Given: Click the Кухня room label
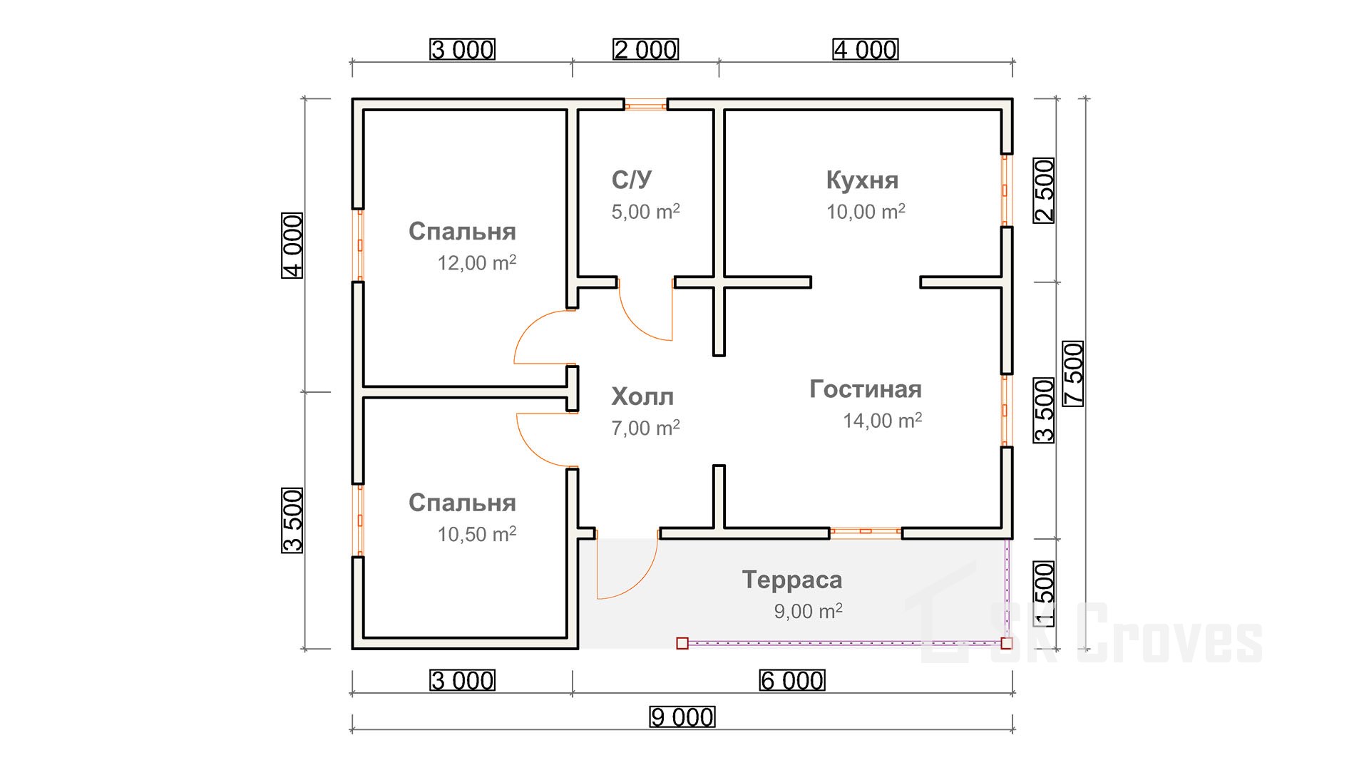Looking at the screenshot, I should click(862, 180).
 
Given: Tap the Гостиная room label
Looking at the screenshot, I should click(865, 389).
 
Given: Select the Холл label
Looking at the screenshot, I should click(642, 396).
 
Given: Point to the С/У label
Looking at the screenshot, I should click(632, 180).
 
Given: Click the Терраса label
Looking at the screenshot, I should click(791, 580).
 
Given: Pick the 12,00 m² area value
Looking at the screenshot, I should click(476, 263).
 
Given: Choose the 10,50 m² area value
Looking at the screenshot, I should click(476, 534).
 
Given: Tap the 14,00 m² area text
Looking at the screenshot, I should click(882, 421).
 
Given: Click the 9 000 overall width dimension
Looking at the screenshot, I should click(682, 717).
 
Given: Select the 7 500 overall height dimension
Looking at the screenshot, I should click(1073, 374).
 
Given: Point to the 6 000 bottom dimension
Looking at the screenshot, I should click(792, 681).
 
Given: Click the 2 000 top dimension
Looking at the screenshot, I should click(646, 50).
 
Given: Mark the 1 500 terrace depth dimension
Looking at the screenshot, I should click(1044, 594).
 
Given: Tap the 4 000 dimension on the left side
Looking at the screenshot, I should click(293, 245).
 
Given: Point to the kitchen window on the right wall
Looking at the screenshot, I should click(1005, 190).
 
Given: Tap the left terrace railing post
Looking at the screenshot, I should click(682, 643).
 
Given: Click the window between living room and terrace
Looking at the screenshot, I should click(866, 531).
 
